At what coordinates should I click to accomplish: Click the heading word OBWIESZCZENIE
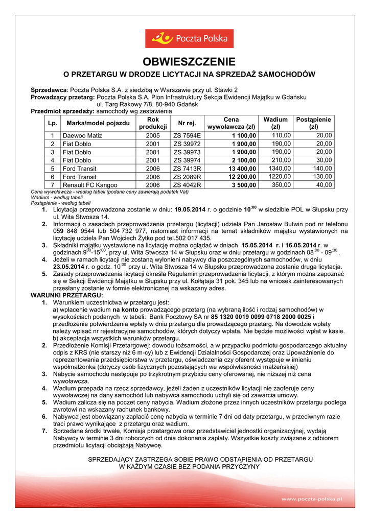[x=185, y=62]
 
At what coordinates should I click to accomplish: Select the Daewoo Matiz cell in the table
[x=82, y=135]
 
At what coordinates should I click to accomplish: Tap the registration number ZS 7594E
[x=187, y=135]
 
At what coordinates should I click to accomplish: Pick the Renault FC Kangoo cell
[x=90, y=185]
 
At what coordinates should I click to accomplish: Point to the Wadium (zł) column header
[x=275, y=123]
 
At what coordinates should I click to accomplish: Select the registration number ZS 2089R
[x=187, y=177]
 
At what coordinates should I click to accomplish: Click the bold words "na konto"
[x=126, y=310]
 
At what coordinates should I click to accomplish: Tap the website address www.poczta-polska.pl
[x=311, y=498]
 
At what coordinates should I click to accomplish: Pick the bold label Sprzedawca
[x=50, y=89]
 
